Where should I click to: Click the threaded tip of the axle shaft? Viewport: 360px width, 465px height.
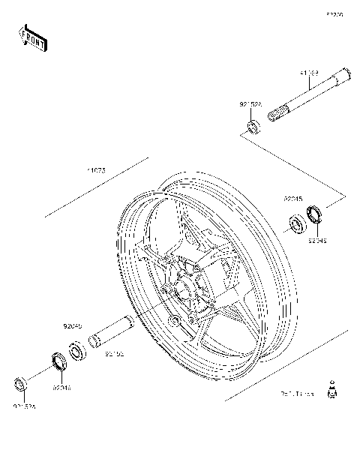[280, 115]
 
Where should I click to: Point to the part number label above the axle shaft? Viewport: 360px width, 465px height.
[310, 73]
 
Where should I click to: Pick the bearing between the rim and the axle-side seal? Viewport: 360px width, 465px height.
[297, 223]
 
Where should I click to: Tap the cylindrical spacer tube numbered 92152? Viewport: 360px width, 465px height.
[112, 332]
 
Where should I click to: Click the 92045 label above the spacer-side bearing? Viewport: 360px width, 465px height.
[72, 327]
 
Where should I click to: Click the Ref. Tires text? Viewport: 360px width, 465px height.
[297, 392]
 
